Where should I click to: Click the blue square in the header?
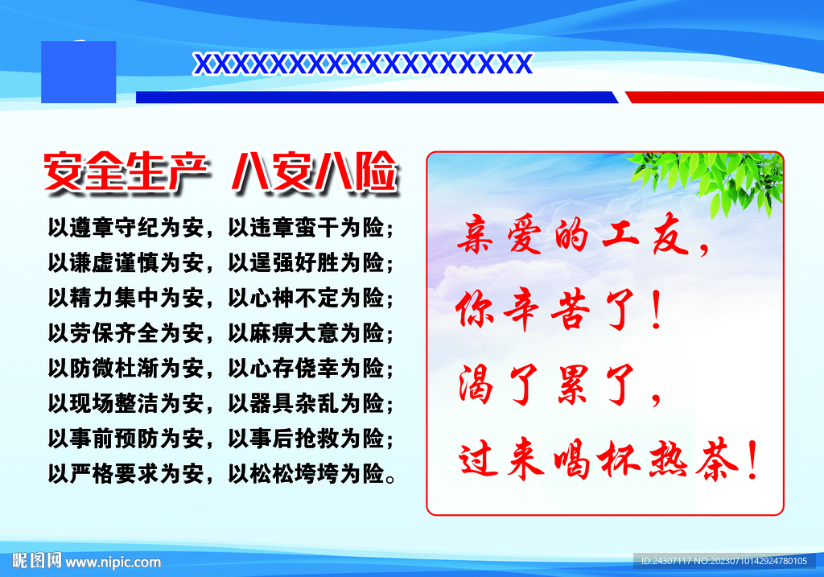pos(78,72)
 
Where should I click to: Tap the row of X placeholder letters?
pos(363,64)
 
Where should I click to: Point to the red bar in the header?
pos(724,97)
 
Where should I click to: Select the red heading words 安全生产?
pos(126,172)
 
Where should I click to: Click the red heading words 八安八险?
pos(315,172)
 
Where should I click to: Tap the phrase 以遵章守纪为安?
pos(126,228)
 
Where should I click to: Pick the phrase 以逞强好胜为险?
pos(306,263)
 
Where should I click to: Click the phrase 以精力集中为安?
pos(126,298)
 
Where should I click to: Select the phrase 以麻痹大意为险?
pos(306,333)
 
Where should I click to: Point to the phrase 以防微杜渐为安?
pos(126,369)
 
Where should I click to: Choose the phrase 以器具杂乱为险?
pos(306,404)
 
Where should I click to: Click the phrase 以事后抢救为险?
pos(306,439)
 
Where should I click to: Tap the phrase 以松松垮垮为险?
pos(306,474)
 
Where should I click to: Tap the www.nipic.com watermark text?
pos(113,562)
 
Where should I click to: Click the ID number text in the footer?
pos(723,561)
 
